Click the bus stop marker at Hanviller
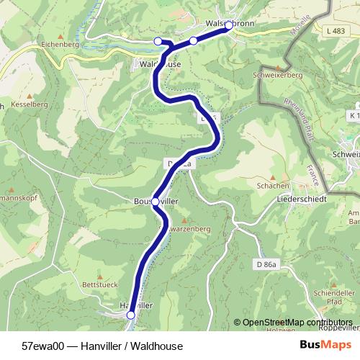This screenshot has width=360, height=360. (x=130, y=315)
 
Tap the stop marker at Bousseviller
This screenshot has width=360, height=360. (x=156, y=202)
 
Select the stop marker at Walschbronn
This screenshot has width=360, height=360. (x=229, y=25)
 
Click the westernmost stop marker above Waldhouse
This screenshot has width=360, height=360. (x=158, y=41)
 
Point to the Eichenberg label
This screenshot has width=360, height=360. (x=61, y=44)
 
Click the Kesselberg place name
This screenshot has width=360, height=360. (x=28, y=104)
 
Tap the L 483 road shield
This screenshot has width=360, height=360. (x=334, y=31)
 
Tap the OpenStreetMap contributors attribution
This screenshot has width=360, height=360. (x=297, y=323)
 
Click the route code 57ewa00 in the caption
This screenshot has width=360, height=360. (x=42, y=346)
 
